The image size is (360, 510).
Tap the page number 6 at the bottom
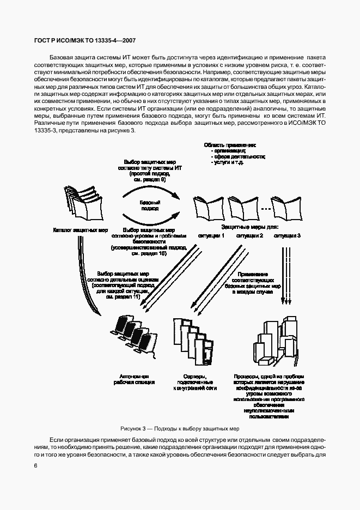(35, 465)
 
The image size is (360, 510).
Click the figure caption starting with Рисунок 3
(180, 428)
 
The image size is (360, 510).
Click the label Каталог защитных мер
(80, 230)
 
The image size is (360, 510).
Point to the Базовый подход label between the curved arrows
(149, 205)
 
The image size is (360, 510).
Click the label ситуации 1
(211, 236)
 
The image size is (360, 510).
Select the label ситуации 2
(249, 236)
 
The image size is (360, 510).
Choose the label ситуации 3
(287, 236)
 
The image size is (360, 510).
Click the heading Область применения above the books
(229, 145)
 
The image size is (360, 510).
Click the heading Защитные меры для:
(249, 226)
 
